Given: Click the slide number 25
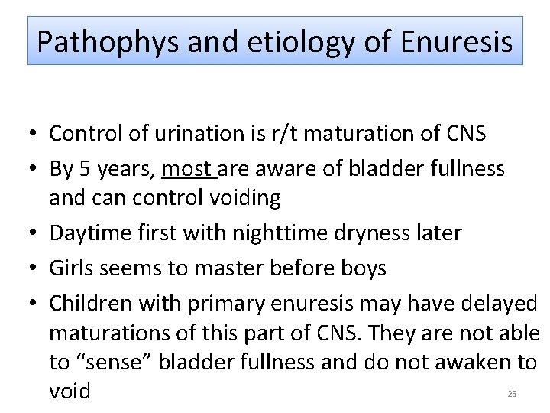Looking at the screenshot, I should [512, 394].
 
